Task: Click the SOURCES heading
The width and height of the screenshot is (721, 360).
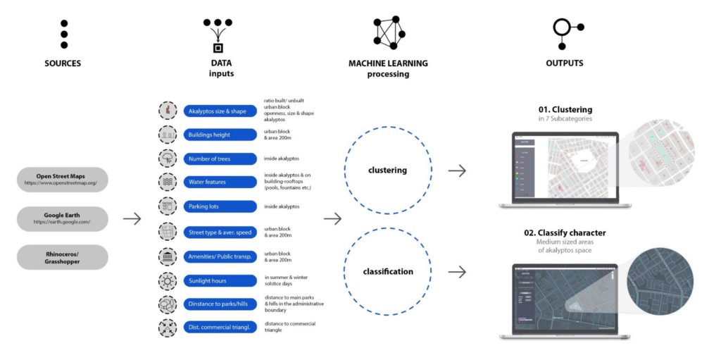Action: click(63, 63)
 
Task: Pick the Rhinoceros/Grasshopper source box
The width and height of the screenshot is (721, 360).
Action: click(63, 257)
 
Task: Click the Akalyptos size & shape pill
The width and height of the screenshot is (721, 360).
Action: click(219, 111)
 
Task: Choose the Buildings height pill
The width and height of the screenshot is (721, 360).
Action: click(219, 135)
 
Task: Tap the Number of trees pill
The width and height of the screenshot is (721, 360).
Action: click(219, 159)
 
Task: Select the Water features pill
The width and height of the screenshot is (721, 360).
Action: click(219, 182)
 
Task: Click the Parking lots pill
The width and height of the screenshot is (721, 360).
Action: click(219, 206)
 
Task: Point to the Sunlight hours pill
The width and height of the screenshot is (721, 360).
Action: click(219, 280)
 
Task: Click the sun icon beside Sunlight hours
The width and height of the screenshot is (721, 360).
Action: click(168, 280)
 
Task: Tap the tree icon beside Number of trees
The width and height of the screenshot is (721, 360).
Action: click(168, 158)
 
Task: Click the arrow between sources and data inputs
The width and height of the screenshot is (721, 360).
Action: click(132, 219)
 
